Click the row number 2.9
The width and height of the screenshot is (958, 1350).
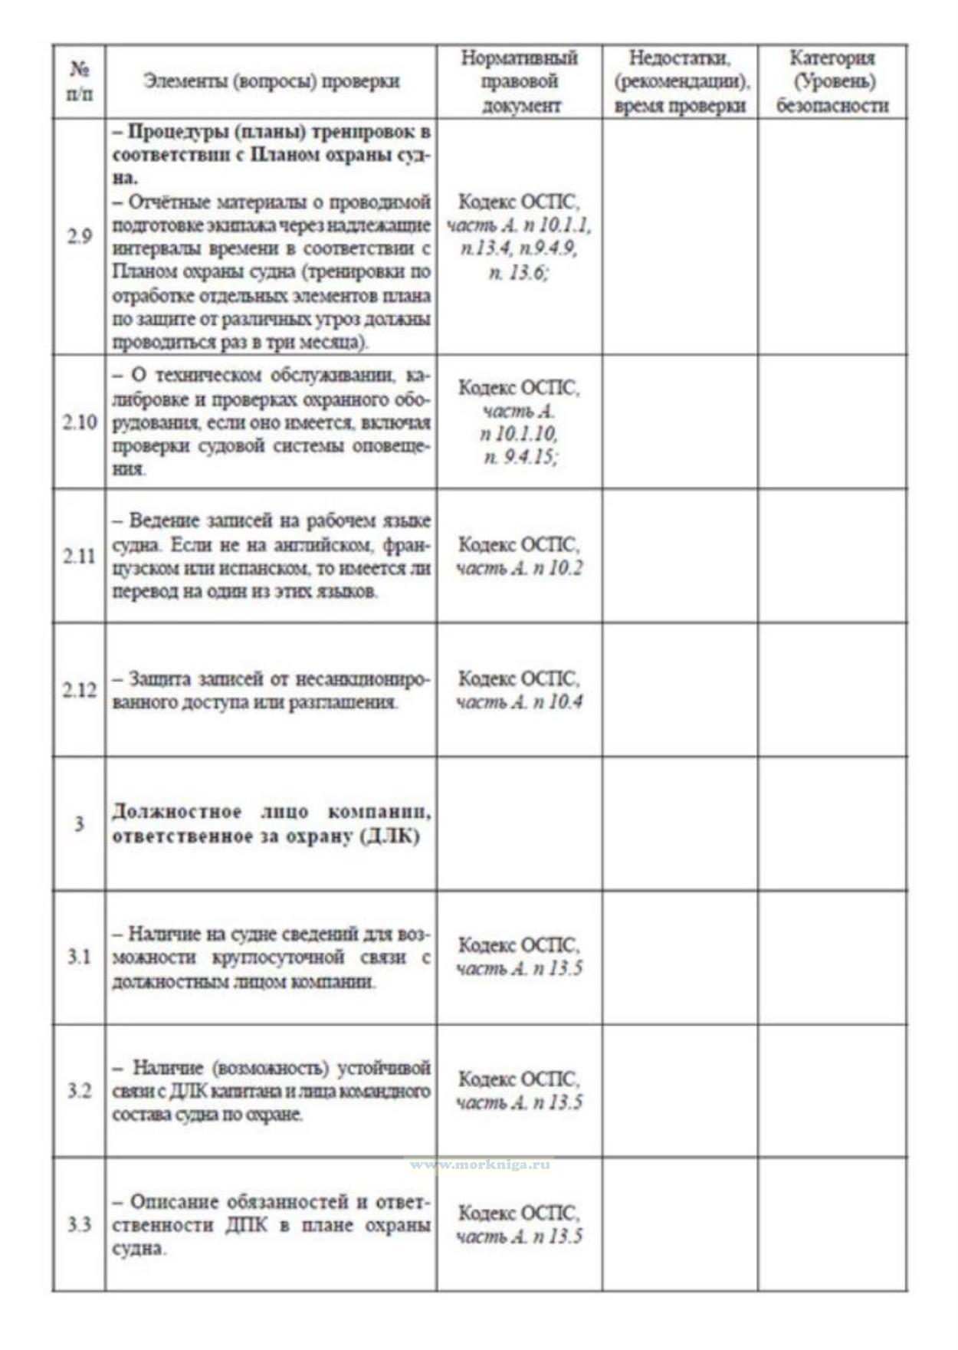[79, 236]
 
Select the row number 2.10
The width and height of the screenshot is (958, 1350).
[79, 422]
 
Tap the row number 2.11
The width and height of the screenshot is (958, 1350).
[79, 556]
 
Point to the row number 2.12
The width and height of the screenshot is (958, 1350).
[79, 690]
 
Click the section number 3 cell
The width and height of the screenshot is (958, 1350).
[79, 824]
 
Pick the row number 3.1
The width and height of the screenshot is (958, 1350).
[79, 957]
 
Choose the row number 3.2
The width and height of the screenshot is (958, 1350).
[79, 1091]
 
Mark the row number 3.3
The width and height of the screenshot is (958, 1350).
[79, 1224]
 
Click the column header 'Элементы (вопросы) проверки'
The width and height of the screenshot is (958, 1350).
[271, 82]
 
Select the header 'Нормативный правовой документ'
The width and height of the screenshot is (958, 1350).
[520, 81]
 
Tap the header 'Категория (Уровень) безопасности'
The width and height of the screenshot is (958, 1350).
[832, 81]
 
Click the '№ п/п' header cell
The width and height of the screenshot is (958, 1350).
[79, 81]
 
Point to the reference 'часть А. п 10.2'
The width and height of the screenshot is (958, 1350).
[520, 568]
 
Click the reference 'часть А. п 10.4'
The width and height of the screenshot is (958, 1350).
[520, 701]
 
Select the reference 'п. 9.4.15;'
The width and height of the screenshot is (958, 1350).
[520, 458]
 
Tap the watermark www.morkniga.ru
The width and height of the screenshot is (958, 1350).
[481, 1164]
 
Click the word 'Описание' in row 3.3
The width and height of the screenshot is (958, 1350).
[175, 1201]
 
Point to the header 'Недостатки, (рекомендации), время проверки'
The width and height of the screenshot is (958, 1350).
[680, 81]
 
